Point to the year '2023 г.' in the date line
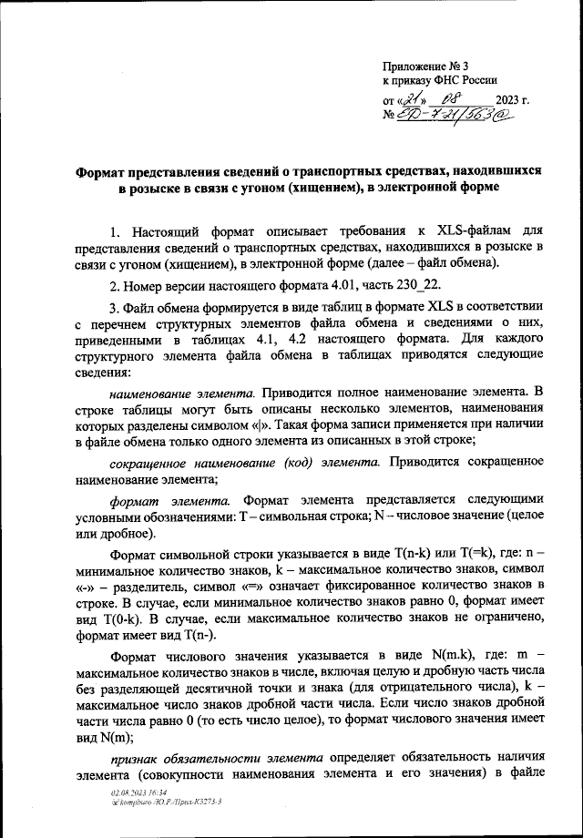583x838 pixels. click(513, 100)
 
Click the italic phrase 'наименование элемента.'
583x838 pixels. click(183, 393)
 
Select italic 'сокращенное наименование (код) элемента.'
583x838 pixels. click(245, 462)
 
